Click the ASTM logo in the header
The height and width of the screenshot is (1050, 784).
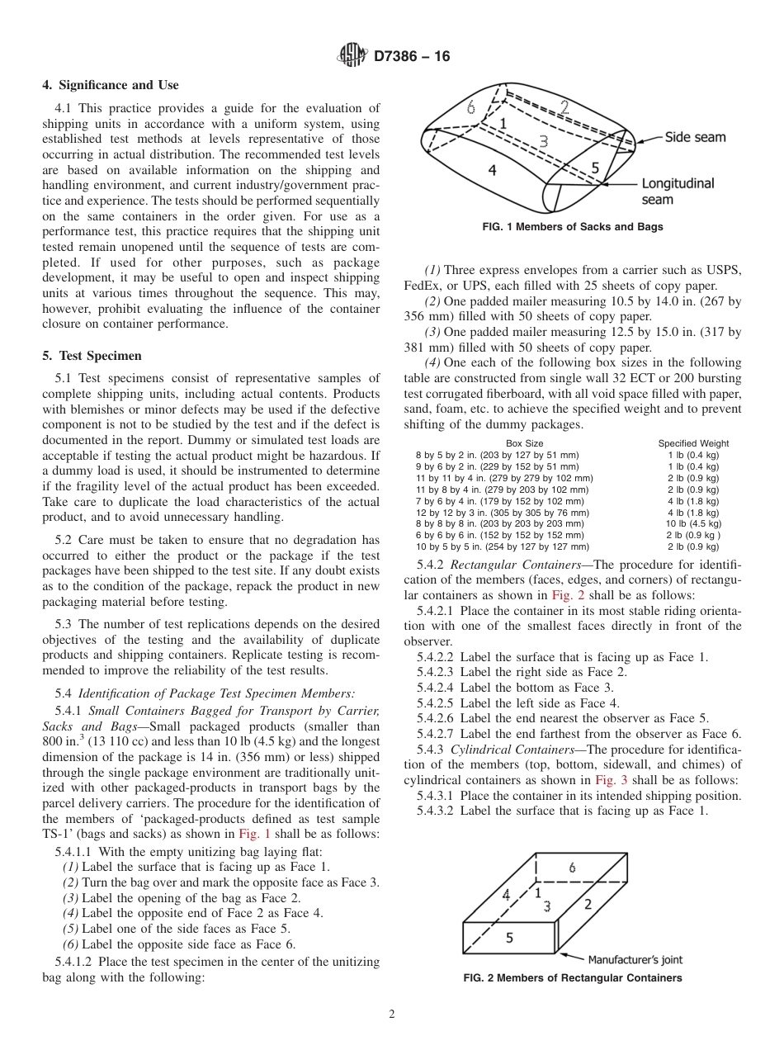tap(352, 56)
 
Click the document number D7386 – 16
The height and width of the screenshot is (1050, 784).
tap(411, 56)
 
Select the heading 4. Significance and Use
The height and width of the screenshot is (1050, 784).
tap(110, 85)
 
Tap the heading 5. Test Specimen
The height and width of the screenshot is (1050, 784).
tap(92, 356)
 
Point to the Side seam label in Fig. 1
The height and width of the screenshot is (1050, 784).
tap(695, 137)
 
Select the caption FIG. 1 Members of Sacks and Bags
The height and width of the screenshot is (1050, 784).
tap(572, 227)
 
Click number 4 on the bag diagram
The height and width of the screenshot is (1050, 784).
tap(492, 171)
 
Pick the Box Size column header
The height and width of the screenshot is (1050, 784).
tap(524, 443)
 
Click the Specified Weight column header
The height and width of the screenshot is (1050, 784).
tap(693, 443)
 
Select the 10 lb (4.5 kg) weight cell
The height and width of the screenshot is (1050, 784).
tap(693, 523)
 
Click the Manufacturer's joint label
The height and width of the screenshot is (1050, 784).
tap(635, 959)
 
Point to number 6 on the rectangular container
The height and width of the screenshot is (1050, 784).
tap(571, 868)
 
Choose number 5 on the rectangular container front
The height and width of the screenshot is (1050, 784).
tap(509, 938)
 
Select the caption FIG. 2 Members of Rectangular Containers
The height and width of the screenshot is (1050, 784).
tap(572, 978)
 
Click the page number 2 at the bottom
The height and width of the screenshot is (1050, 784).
tap(392, 1015)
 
